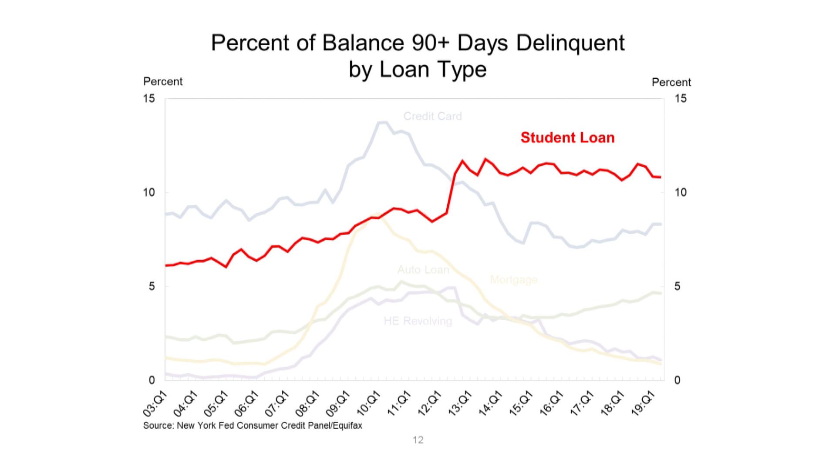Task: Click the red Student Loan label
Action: coord(567,138)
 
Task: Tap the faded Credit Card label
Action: coord(432,116)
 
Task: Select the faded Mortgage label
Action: coord(513,279)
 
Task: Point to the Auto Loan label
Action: coord(423,270)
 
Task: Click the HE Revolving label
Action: coord(418,321)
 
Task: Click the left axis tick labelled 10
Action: coord(149,192)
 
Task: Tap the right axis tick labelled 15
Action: coord(680,99)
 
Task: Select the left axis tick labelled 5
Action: coord(152,286)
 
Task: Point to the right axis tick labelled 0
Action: coord(677,380)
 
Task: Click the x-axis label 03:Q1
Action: coord(155,404)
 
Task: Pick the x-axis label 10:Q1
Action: coord(368,404)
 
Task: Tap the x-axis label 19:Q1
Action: coord(643,404)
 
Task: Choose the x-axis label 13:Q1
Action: coord(460,404)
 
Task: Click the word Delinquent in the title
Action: coord(570,43)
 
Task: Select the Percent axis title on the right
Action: coord(671,82)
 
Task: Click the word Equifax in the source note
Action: coord(347,426)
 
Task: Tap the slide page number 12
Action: coord(418,440)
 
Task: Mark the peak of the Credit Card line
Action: coord(382,123)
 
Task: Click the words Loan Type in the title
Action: coord(433,70)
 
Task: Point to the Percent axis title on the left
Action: coord(163,82)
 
